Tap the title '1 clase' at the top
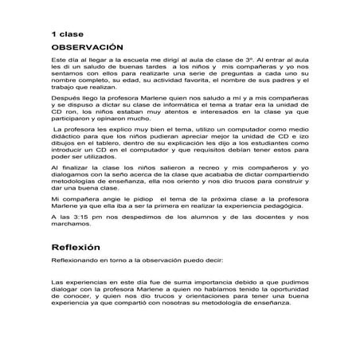pos(67,34)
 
